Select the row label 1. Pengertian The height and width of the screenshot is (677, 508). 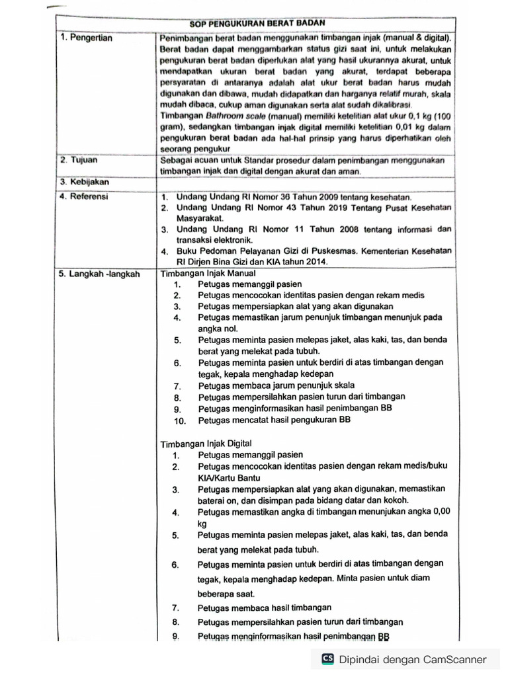(86, 38)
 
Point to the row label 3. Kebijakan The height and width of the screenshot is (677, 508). (84, 182)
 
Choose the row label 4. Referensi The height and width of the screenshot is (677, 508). (85, 196)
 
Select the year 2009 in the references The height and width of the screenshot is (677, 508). (318, 197)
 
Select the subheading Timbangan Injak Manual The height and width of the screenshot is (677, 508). (208, 273)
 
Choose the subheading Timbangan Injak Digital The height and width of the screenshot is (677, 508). (206, 443)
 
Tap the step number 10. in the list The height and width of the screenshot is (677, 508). (181, 420)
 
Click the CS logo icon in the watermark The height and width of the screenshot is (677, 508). (327, 659)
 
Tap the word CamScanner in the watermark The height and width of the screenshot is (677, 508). (454, 659)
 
